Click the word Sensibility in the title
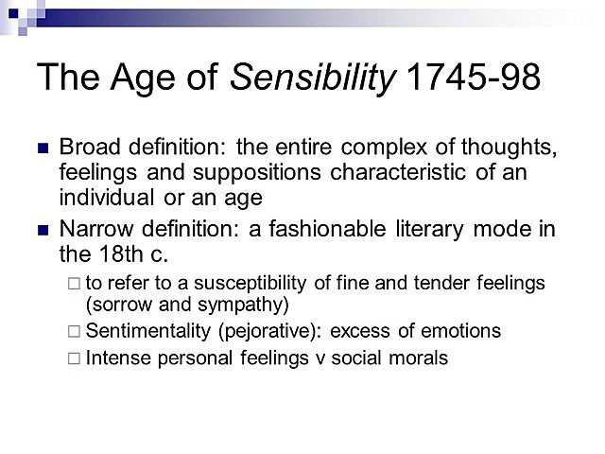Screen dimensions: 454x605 [x=313, y=78]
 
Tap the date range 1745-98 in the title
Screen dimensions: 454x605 [x=472, y=78]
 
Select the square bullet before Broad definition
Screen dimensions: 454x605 [x=42, y=148]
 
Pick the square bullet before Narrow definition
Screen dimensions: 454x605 [x=42, y=230]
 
